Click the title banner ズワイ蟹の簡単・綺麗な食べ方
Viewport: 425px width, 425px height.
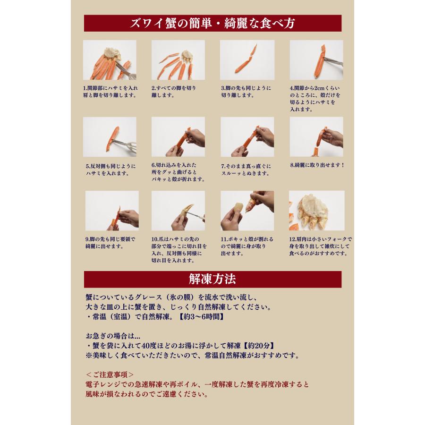(x=212, y=23)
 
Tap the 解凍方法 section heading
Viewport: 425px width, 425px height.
(x=212, y=279)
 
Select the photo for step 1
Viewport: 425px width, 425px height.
(x=110, y=60)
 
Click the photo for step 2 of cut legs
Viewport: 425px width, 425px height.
(x=178, y=60)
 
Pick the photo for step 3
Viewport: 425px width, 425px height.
(x=247, y=60)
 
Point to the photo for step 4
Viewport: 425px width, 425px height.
(x=316, y=60)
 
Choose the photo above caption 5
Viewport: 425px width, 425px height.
(x=110, y=137)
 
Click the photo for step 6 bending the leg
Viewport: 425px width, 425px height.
(x=178, y=137)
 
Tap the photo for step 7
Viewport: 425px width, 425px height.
(x=247, y=137)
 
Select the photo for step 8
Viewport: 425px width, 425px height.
(x=316, y=137)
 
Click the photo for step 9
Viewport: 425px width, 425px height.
(x=112, y=211)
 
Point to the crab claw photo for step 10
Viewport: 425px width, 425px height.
(x=178, y=211)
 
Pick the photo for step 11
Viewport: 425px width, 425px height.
(x=247, y=211)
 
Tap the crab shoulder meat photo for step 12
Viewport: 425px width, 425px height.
(x=316, y=211)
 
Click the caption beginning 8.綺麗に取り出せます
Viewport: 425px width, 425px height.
(x=317, y=165)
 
